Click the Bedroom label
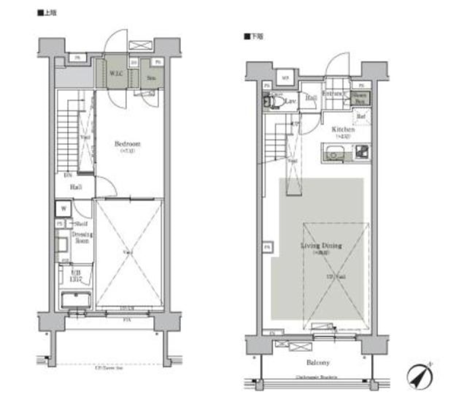(127, 144)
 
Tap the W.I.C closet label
(115, 75)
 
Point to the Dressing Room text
(82, 237)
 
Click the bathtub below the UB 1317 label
(75, 299)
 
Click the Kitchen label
(343, 130)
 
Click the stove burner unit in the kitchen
(362, 153)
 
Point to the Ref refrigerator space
(361, 117)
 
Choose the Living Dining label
(321, 246)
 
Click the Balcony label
(318, 363)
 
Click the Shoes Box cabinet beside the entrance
(360, 98)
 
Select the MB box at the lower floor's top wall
(286, 77)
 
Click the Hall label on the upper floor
(75, 187)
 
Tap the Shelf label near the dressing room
(80, 224)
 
